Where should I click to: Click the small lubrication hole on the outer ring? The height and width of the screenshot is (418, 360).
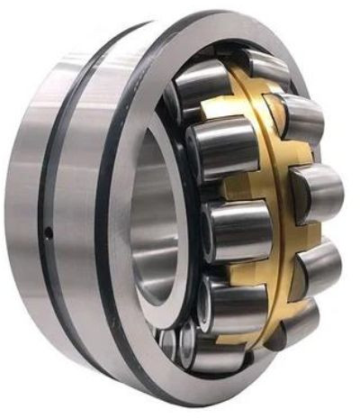pos(50,232)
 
